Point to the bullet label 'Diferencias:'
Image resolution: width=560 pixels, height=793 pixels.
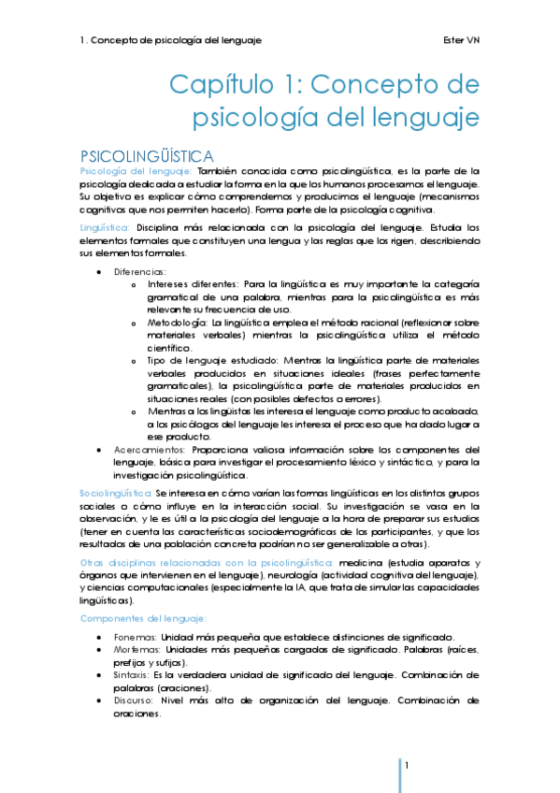pyautogui.click(x=139, y=271)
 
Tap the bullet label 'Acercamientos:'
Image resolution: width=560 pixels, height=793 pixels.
pyautogui.click(x=150, y=449)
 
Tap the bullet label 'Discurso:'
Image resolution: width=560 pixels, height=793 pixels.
pyautogui.click(x=136, y=699)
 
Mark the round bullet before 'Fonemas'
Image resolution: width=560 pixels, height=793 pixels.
pyautogui.click(x=100, y=637)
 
